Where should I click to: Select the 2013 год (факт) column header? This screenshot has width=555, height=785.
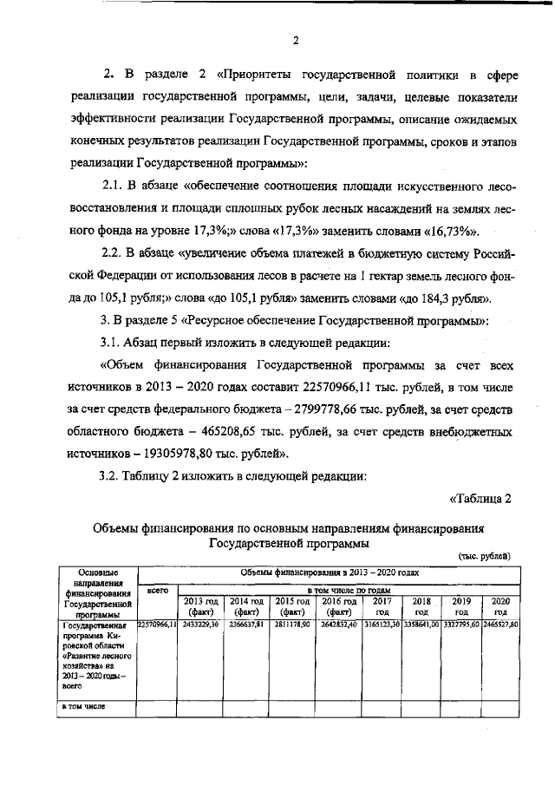tap(200, 605)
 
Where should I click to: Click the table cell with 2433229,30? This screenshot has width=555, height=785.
tap(200, 624)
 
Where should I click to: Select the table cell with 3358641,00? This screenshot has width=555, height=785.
tap(422, 624)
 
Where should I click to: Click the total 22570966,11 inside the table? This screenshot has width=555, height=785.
tap(157, 624)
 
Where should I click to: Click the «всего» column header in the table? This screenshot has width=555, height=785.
tap(157, 590)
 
